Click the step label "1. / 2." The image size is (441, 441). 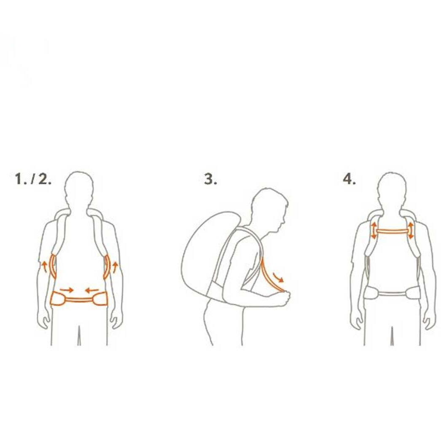pyautogui.click(x=33, y=179)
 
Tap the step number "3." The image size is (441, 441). pyautogui.click(x=210, y=179)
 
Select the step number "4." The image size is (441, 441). pyautogui.click(x=349, y=179)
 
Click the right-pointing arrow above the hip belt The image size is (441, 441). pyautogui.click(x=67, y=290)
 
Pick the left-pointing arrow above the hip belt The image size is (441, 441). pyautogui.click(x=92, y=290)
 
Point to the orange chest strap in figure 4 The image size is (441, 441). pyautogui.click(x=392, y=231)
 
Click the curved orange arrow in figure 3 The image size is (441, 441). pyautogui.click(x=278, y=277)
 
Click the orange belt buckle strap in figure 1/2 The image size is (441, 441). pyautogui.click(x=79, y=300)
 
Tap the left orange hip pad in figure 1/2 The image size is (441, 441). pyautogui.click(x=58, y=298)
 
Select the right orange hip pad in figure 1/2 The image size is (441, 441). pyautogui.click(x=100, y=298)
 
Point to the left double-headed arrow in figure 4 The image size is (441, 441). pyautogui.click(x=374, y=231)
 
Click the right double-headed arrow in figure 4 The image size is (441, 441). pyautogui.click(x=411, y=231)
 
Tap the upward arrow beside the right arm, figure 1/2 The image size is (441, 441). pyautogui.click(x=115, y=267)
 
